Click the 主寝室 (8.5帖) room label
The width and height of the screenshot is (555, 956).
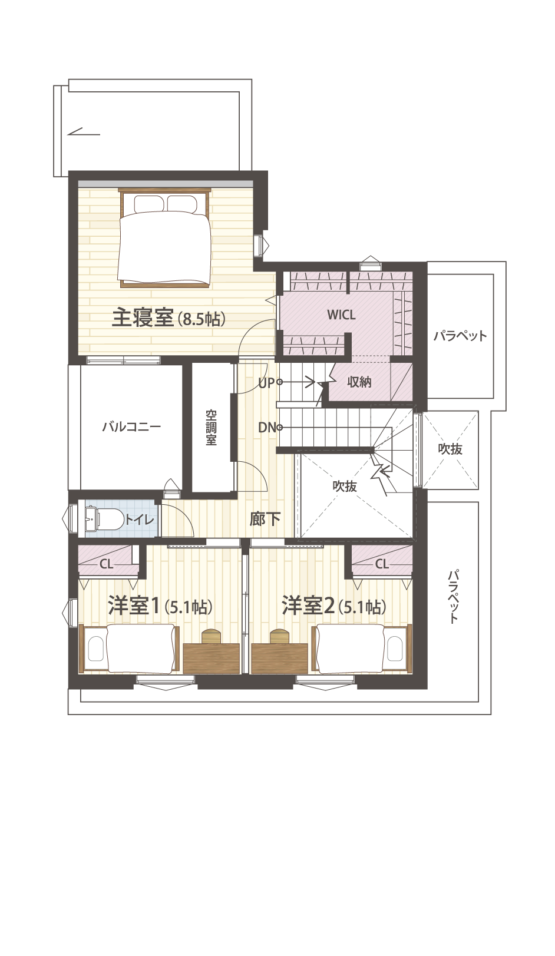(x=169, y=319)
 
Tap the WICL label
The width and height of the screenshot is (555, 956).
(x=341, y=315)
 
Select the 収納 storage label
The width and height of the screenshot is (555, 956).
(x=359, y=382)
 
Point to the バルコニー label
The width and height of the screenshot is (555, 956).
(x=131, y=426)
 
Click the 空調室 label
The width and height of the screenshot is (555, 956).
(x=211, y=428)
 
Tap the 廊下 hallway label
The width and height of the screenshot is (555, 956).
(x=265, y=519)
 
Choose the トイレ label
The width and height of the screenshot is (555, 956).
(x=139, y=520)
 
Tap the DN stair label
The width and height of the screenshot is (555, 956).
(x=267, y=427)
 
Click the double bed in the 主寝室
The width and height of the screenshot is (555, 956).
(x=165, y=237)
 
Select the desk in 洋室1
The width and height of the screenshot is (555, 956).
(x=212, y=659)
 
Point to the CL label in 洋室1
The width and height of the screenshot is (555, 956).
(x=106, y=564)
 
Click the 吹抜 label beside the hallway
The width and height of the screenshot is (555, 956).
(x=345, y=486)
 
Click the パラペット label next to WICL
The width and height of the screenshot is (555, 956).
(x=460, y=335)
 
